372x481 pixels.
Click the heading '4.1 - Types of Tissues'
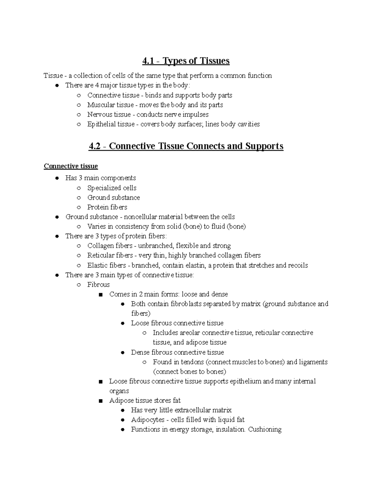[x=186, y=61]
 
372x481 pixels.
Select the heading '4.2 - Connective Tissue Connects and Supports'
[x=186, y=146]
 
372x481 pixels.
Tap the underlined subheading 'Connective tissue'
[x=71, y=166]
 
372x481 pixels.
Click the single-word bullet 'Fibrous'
[x=98, y=285]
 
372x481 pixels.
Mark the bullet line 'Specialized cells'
[x=112, y=188]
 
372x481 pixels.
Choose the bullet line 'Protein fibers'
[x=107, y=207]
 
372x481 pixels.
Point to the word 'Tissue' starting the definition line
[x=53, y=76]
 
